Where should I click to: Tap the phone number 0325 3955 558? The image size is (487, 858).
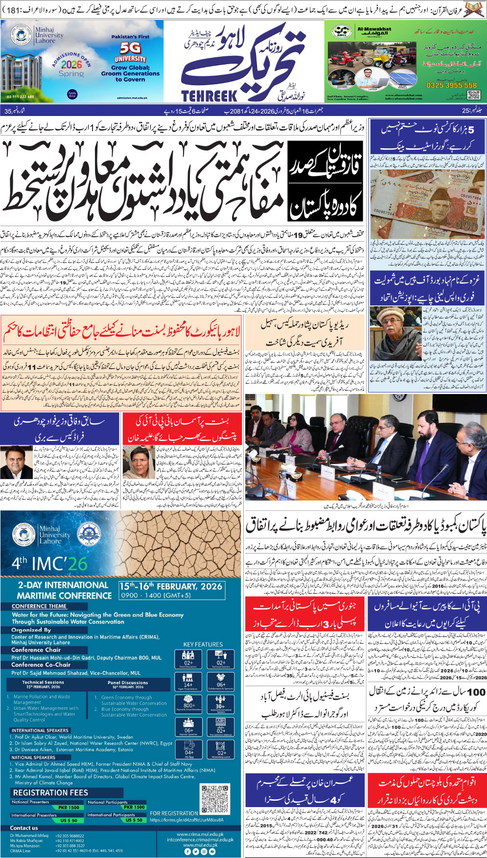coord(450,85)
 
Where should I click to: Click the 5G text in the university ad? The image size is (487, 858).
coord(131,48)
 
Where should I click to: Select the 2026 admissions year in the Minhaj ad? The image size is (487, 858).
coord(71,64)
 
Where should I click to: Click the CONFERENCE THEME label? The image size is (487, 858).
coord(39,606)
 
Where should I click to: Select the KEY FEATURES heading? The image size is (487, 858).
coord(203,644)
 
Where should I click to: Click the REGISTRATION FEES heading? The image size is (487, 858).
coord(50,792)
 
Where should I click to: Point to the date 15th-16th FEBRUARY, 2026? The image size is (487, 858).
coord(170,586)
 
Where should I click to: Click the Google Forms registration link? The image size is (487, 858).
coord(186,820)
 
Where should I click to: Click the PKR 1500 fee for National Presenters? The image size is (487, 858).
coord(69,807)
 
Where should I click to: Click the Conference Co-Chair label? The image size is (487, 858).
coord(41,665)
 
